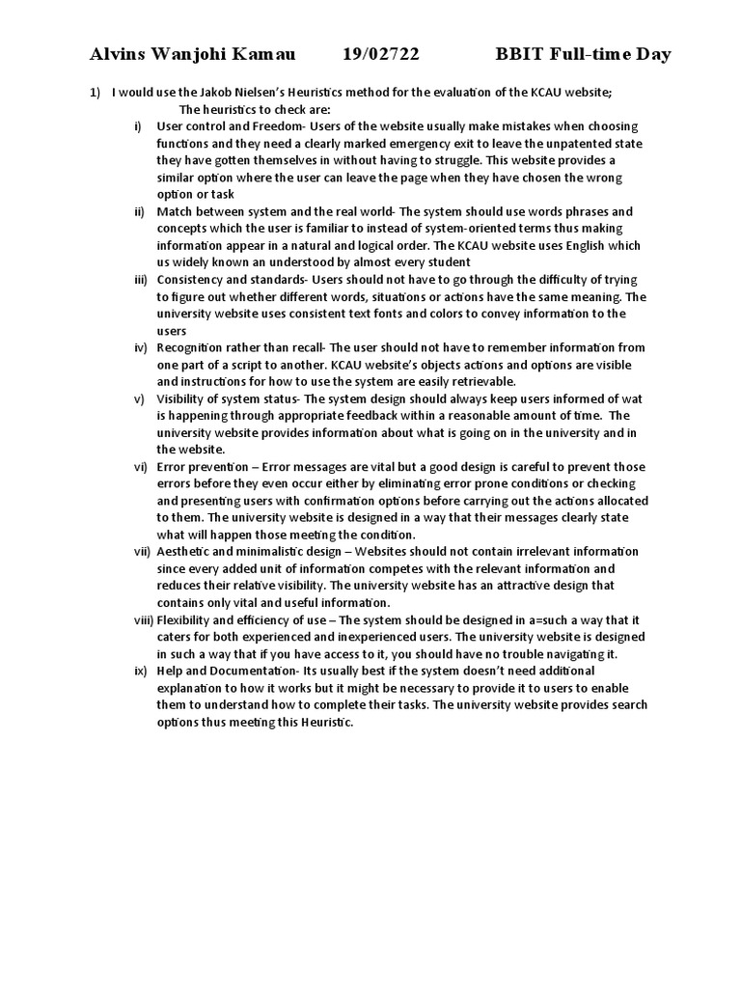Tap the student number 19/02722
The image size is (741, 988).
(381, 54)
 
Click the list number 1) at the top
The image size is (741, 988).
(95, 93)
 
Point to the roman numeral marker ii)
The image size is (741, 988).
(140, 211)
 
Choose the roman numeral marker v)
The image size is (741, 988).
(139, 398)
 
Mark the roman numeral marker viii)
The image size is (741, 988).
(144, 619)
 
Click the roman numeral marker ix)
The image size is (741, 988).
(141, 671)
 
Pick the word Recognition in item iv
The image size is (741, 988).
(190, 347)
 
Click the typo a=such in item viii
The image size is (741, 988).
(542, 619)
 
